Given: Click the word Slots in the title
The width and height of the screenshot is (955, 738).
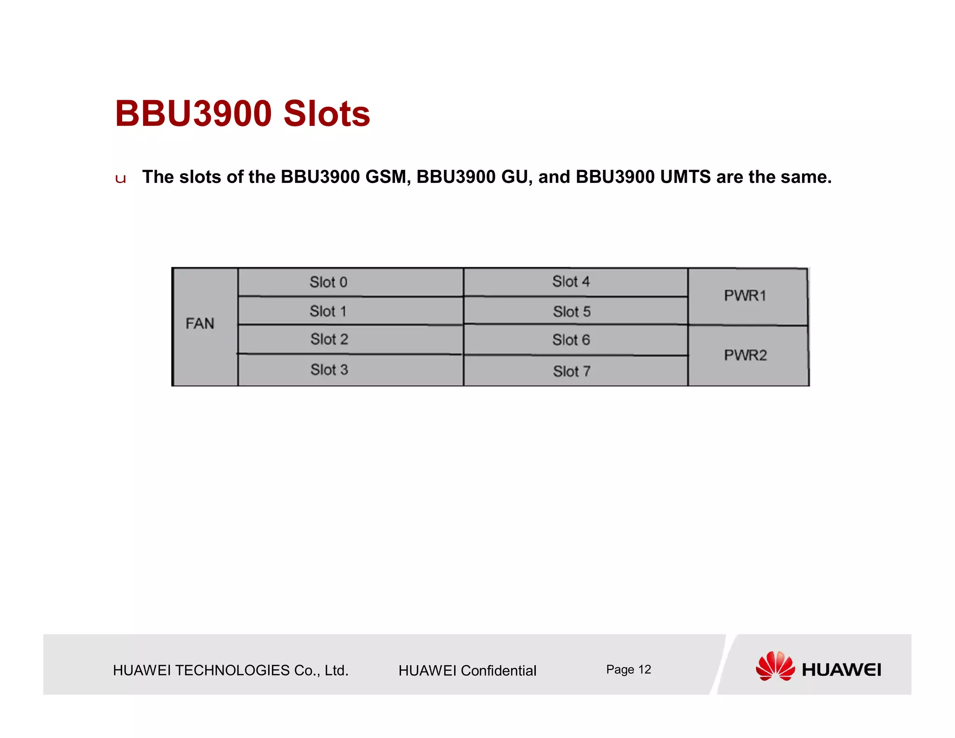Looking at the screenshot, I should pos(326,114).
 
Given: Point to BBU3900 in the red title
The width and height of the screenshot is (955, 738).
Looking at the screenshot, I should pos(193,114).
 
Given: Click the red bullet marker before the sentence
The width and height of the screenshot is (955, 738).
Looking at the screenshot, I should pos(120,179).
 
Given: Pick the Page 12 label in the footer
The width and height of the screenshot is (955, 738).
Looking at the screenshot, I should pos(628,670).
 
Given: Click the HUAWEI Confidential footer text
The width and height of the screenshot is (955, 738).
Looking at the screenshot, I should pos(467,671).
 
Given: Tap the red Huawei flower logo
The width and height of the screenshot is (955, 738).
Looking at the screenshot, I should pos(775,666).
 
